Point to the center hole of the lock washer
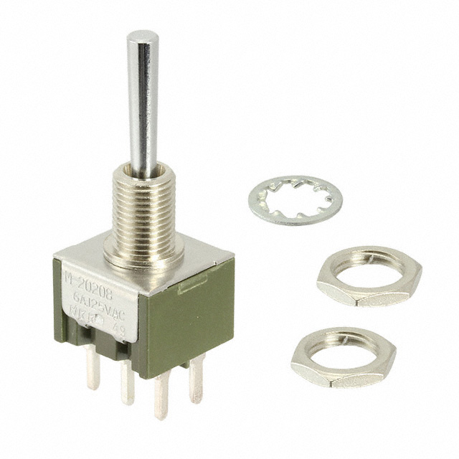(295, 199)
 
